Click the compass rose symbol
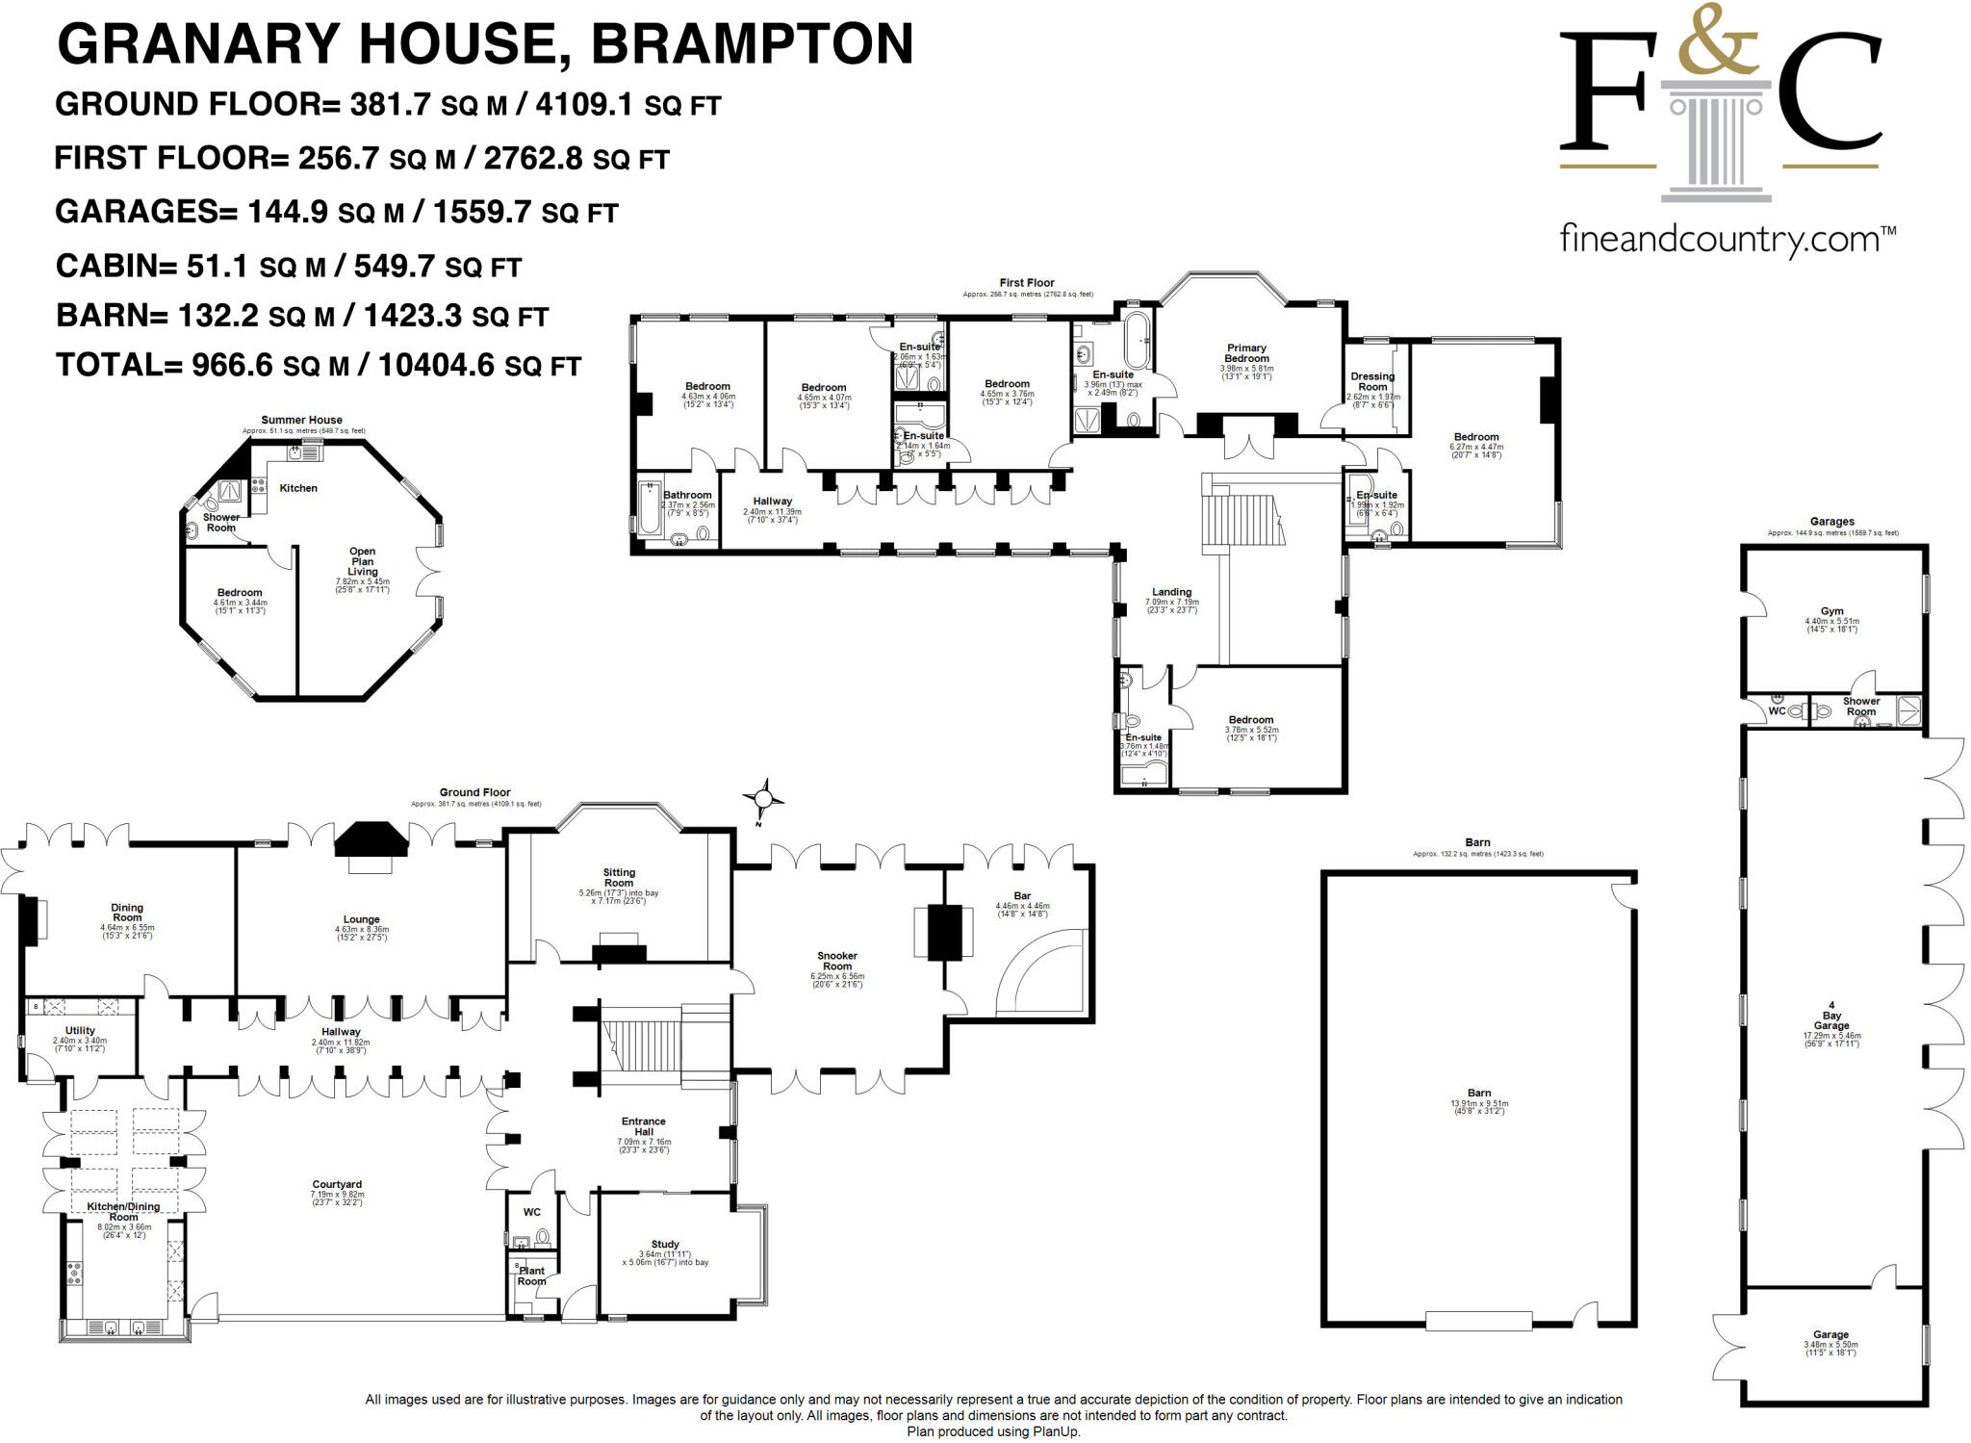point(763,798)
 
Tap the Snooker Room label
point(837,961)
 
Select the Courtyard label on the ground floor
point(337,1185)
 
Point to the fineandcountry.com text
point(1727,239)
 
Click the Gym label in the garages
point(1831,611)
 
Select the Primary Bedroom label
point(1246,353)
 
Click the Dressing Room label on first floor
point(1372,381)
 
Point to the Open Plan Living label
point(363,561)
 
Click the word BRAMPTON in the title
point(752,44)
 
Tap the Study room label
point(665,1244)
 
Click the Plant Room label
point(531,1276)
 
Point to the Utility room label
point(80,1030)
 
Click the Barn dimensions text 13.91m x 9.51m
point(1479,1103)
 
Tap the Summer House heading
point(301,420)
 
